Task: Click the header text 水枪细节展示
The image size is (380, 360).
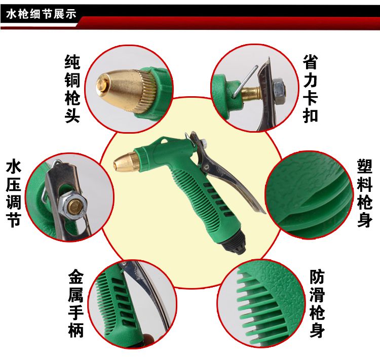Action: (x=41, y=14)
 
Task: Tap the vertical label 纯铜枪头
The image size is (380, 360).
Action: (x=72, y=89)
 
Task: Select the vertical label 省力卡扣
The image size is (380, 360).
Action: (x=310, y=89)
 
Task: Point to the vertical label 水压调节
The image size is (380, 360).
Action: (x=14, y=193)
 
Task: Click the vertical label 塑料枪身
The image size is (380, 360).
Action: (x=364, y=193)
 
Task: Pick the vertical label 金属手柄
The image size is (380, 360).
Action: (x=76, y=303)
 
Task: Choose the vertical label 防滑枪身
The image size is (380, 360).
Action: (x=317, y=303)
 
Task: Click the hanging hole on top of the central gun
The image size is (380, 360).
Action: (x=166, y=141)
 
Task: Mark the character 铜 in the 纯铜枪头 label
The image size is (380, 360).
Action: (x=72, y=80)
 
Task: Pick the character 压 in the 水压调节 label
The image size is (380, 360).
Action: (x=14, y=185)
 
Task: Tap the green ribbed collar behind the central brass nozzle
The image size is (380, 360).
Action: (x=141, y=157)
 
